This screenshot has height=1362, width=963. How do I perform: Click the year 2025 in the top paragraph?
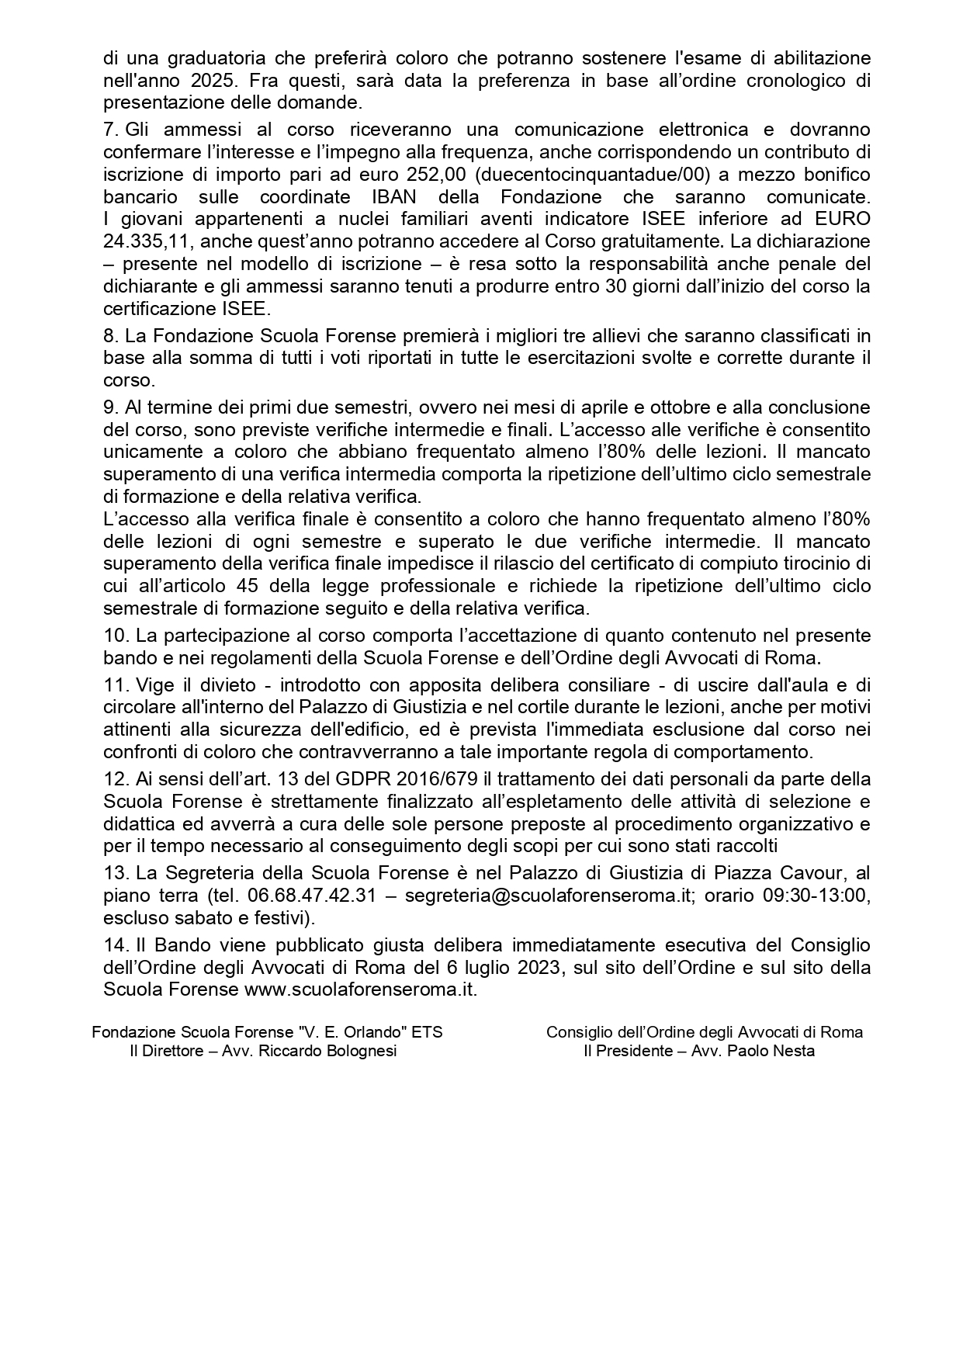point(210,80)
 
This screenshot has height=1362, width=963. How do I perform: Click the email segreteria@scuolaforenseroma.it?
point(548,896)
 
